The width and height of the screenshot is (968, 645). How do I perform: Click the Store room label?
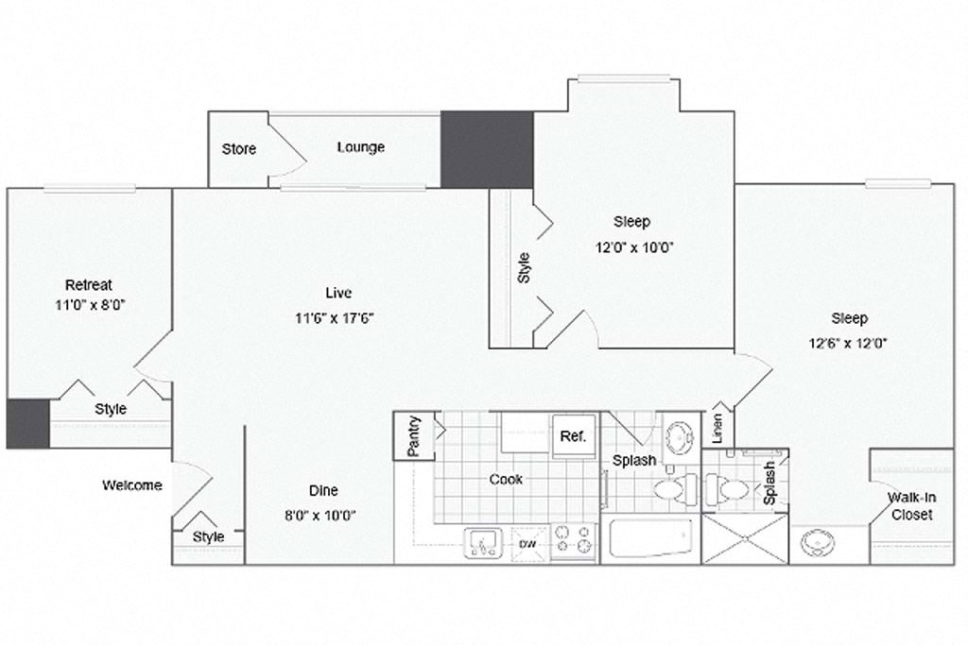tap(239, 149)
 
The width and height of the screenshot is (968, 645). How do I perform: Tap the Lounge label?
tap(361, 147)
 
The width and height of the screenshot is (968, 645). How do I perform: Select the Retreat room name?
tap(89, 284)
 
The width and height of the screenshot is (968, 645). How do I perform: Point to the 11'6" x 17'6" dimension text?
tap(336, 317)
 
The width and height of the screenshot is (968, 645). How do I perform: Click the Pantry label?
tap(413, 436)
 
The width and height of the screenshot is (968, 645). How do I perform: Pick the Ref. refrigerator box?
tap(573, 436)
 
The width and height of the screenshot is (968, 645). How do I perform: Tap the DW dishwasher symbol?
tap(529, 543)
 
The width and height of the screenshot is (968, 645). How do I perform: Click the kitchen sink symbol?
tap(487, 543)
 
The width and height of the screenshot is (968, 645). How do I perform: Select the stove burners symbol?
tap(573, 539)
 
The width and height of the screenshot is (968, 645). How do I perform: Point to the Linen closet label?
tap(717, 429)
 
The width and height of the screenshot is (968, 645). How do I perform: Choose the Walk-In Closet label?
tap(910, 505)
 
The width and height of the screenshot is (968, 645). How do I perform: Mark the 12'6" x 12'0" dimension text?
tap(849, 343)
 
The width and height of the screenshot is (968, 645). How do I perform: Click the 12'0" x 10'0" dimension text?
tap(632, 247)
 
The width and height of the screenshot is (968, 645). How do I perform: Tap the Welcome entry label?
tap(132, 485)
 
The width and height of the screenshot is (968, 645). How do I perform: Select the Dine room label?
tap(323, 490)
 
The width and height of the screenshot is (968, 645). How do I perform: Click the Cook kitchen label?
tap(506, 479)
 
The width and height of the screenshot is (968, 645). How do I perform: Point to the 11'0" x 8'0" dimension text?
tap(89, 305)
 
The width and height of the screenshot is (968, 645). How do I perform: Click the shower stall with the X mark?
tap(744, 538)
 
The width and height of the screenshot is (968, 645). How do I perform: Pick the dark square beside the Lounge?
tap(487, 149)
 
